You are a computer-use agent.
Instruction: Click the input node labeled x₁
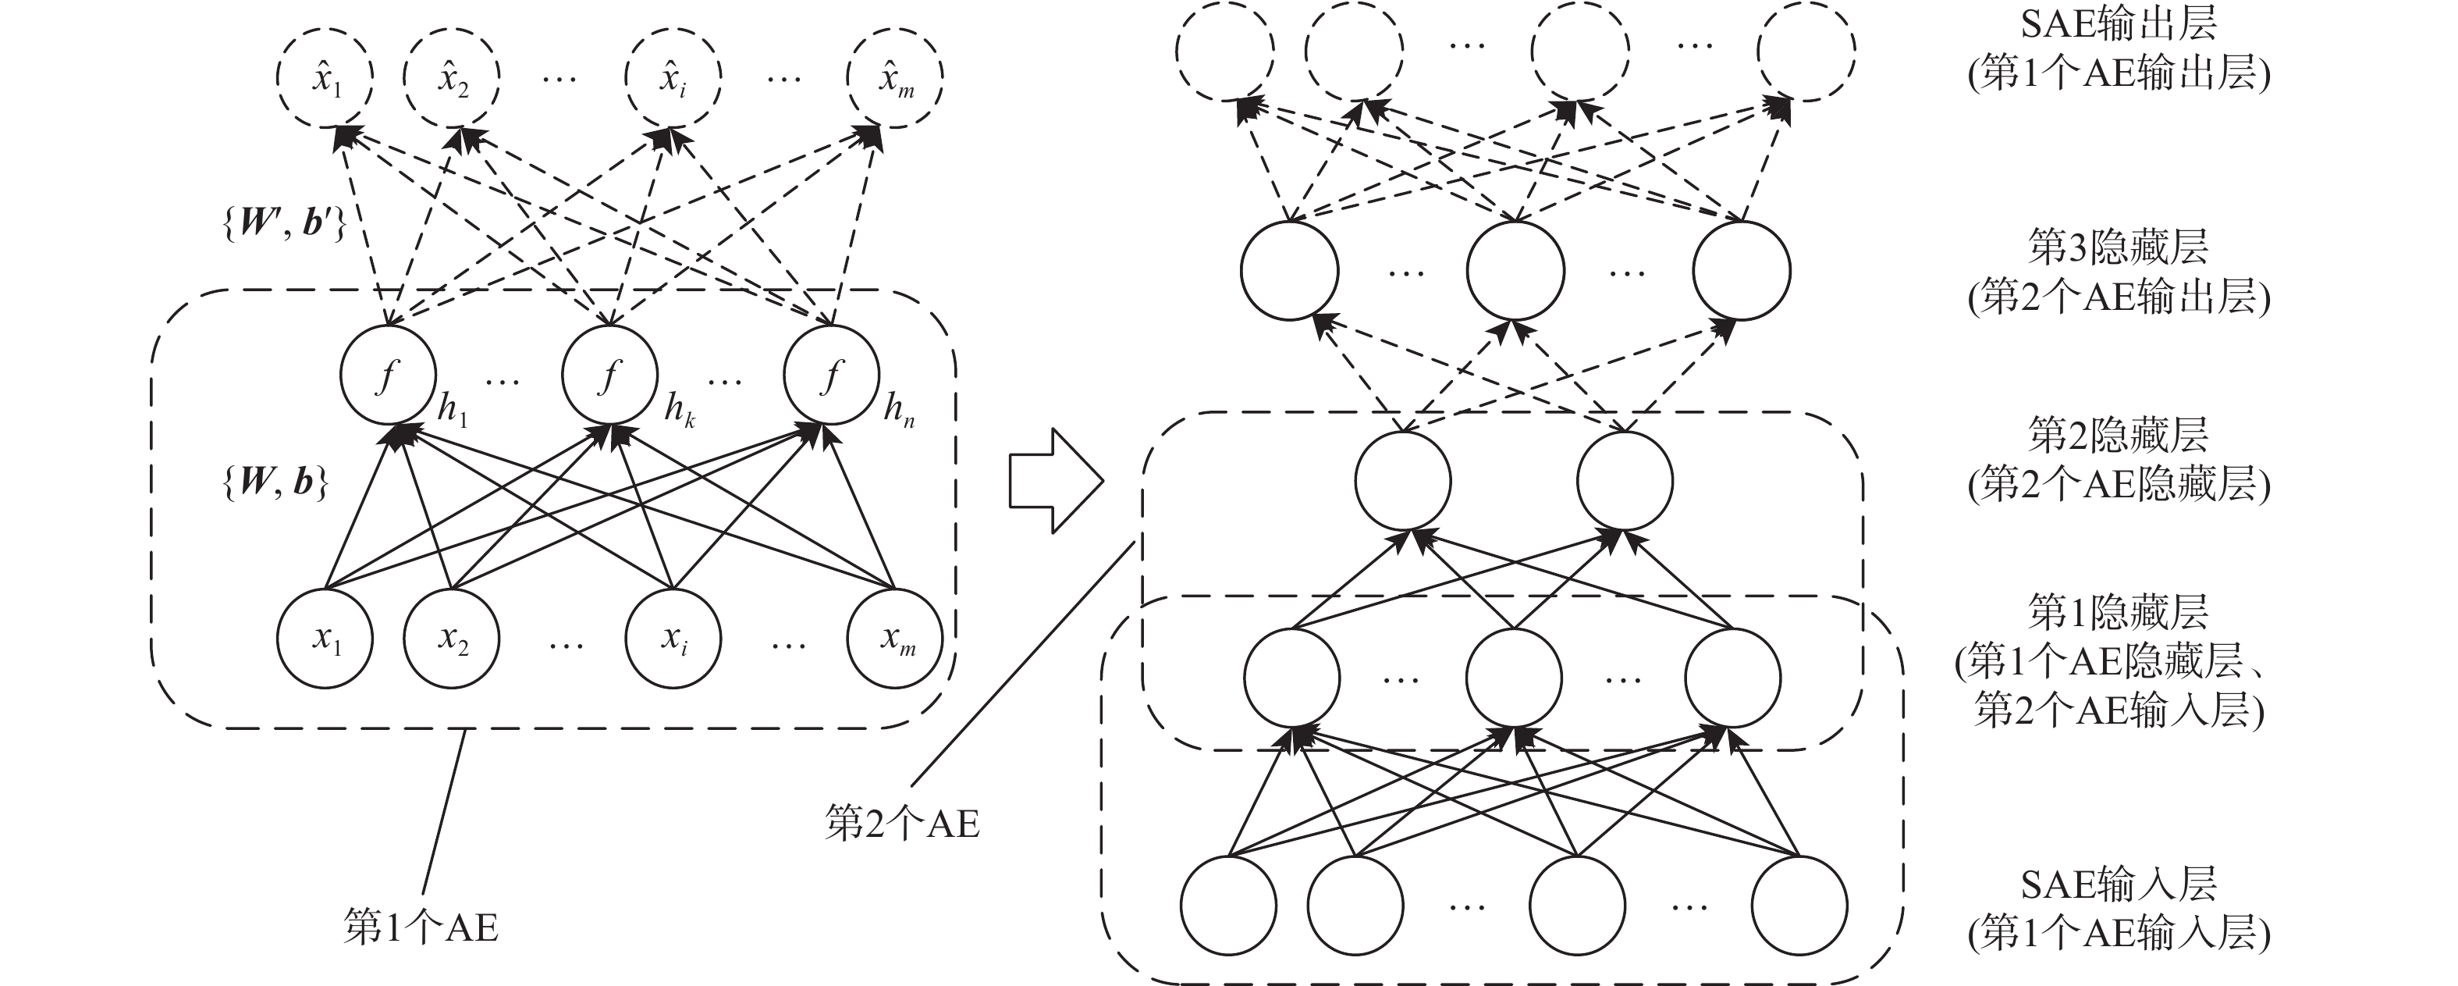(x=325, y=639)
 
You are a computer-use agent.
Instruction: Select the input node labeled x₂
(x=451, y=639)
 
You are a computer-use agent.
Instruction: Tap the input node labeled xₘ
(x=895, y=639)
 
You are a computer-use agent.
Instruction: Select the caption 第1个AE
(x=421, y=927)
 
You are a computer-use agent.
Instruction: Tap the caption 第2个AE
(x=902, y=823)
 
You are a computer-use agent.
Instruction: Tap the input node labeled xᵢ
(x=673, y=639)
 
